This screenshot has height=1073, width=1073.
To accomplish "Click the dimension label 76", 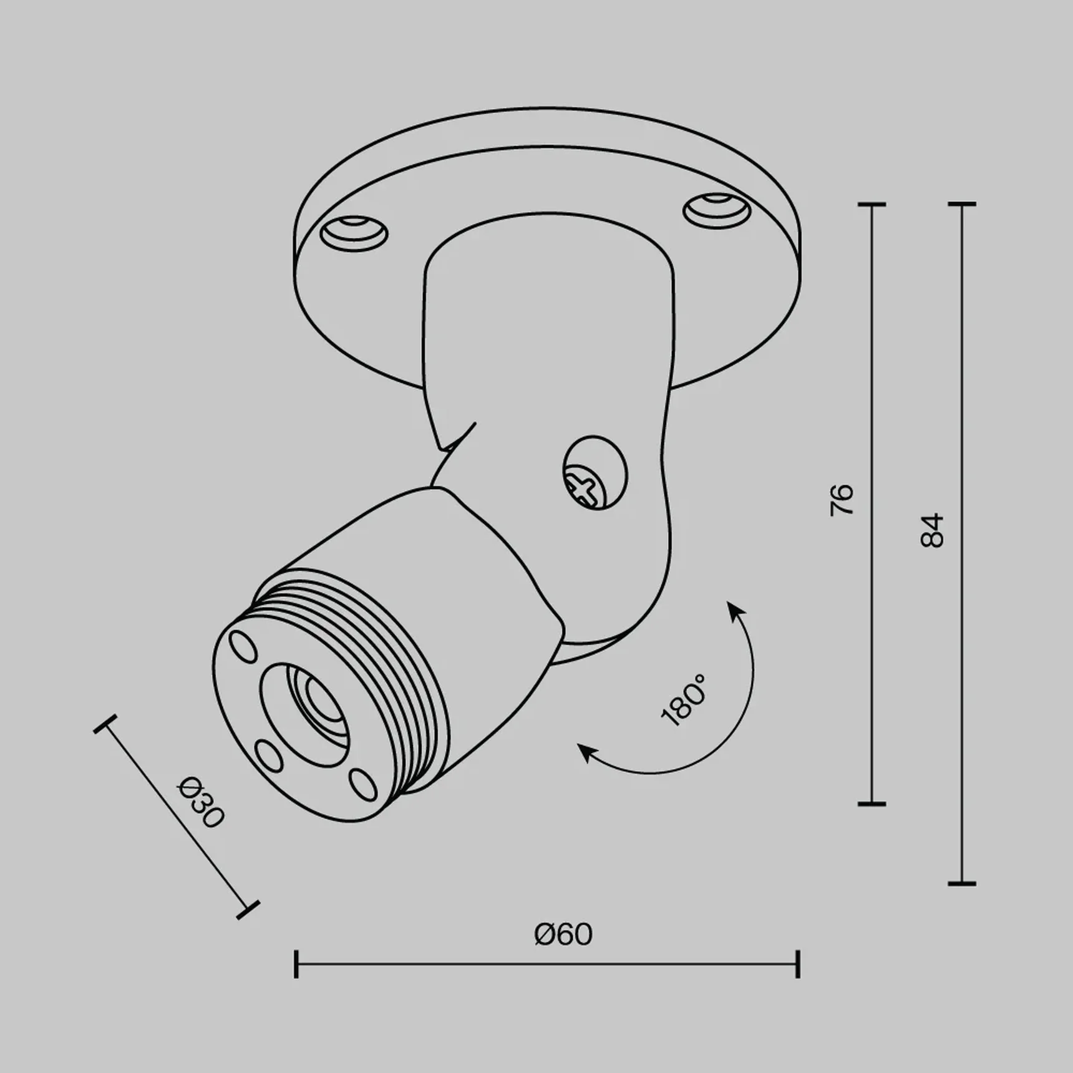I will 842,499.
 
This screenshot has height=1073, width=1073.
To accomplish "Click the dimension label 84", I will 933,531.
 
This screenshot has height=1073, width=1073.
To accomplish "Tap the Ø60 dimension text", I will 563,935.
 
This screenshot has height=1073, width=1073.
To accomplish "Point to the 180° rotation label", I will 684,700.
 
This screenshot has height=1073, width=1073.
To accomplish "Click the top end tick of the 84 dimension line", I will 961,204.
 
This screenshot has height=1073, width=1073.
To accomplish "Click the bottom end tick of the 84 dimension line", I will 961,883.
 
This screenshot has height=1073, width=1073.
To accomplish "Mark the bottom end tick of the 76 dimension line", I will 872,804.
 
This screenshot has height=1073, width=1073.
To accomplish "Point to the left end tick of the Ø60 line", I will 296,964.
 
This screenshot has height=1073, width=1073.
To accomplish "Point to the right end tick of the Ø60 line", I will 798,964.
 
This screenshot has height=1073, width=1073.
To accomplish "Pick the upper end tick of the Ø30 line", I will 105,724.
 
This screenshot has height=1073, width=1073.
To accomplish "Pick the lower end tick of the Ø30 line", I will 248,910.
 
